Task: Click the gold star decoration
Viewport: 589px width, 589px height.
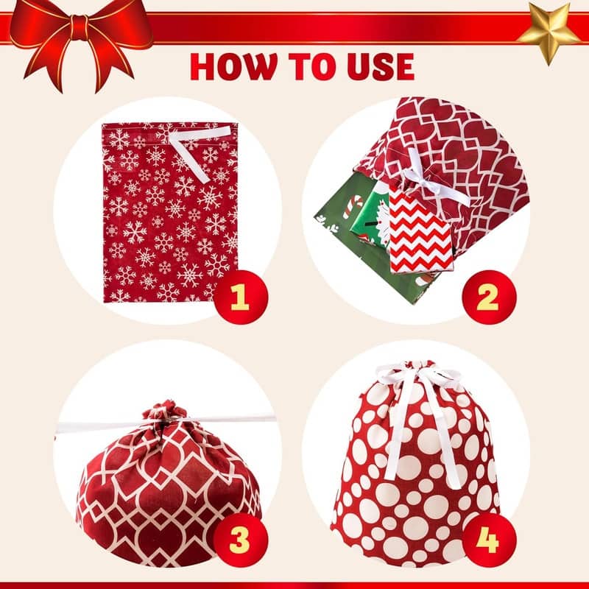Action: (x=549, y=32)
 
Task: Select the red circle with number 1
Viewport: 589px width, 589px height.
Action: (x=241, y=297)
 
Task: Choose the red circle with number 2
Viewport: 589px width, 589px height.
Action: (x=489, y=297)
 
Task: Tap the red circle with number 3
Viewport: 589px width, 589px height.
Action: (x=241, y=540)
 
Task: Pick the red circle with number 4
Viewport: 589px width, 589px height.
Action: (x=489, y=540)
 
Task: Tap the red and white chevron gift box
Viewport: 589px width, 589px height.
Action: (x=420, y=230)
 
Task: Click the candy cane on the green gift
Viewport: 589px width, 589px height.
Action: (x=354, y=206)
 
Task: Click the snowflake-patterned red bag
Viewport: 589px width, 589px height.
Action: (x=170, y=212)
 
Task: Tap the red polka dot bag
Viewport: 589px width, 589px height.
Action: (x=415, y=466)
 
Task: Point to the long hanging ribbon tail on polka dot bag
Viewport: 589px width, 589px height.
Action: (x=446, y=432)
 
